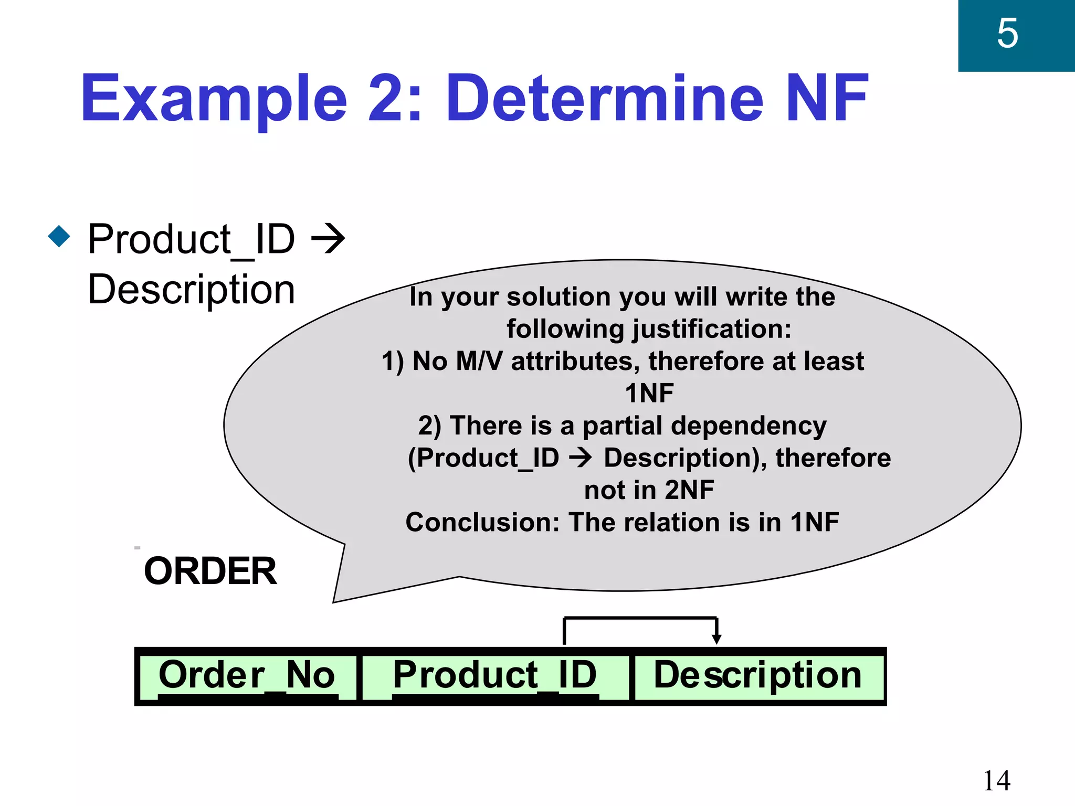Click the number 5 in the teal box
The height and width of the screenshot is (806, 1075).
pyautogui.click(x=1007, y=34)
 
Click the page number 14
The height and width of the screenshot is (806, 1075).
pyautogui.click(x=996, y=780)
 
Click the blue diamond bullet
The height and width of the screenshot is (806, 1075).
pyautogui.click(x=59, y=237)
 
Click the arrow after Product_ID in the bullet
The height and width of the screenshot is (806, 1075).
pyautogui.click(x=328, y=239)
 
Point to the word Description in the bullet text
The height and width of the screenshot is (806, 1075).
pyautogui.click(x=192, y=290)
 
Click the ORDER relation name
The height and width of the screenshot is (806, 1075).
pyautogui.click(x=210, y=571)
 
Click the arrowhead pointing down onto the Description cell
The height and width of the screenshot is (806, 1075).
pyautogui.click(x=716, y=639)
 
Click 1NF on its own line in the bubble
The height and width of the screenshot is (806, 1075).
pyautogui.click(x=649, y=394)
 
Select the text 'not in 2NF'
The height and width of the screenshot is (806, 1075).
pyautogui.click(x=649, y=490)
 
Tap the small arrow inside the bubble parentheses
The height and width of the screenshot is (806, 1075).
pyautogui.click(x=581, y=458)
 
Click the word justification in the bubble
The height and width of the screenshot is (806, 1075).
pyautogui.click(x=711, y=330)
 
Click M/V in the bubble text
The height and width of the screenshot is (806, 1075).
pyautogui.click(x=479, y=362)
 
